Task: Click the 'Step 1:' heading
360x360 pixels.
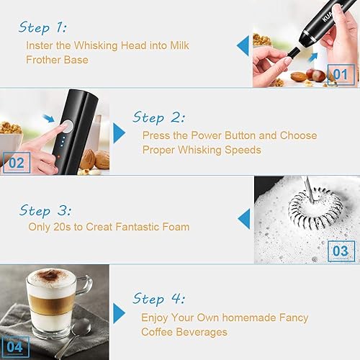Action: point(42,27)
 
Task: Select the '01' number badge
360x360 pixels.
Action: point(341,74)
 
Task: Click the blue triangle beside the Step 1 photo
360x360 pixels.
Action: point(243,46)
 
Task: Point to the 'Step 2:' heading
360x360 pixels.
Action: point(158,117)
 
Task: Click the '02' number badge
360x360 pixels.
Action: point(17,163)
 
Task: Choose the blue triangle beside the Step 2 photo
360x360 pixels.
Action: point(120,133)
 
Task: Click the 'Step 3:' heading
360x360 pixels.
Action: point(45,210)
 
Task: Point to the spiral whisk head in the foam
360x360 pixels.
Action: point(315,208)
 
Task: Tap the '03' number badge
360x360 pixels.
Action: point(341,251)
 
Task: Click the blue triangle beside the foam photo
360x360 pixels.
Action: point(244,219)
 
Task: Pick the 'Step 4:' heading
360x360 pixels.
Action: point(158,299)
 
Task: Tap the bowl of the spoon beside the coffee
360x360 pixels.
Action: point(81,327)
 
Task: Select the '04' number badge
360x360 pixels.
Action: point(15,347)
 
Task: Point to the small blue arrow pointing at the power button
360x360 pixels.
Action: point(48,118)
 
